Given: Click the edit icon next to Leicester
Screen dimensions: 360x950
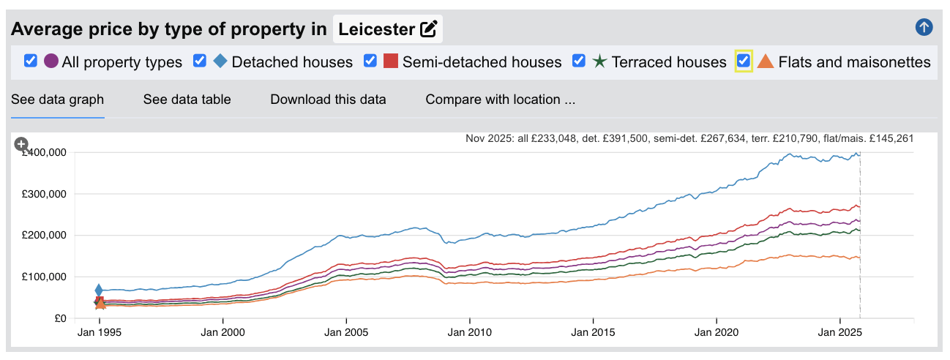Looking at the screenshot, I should (428, 29).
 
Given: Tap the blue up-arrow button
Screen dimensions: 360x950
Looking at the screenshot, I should (924, 28).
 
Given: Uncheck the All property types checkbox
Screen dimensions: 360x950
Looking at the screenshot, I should (31, 61).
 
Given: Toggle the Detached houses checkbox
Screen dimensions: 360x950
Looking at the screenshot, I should (200, 61).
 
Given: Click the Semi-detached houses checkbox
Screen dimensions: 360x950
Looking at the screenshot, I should (370, 61).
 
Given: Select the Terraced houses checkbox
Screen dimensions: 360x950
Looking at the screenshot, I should (579, 61).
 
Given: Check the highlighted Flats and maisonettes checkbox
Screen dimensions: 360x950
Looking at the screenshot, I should (744, 61).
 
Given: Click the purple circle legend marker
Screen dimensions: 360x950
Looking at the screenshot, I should (51, 61).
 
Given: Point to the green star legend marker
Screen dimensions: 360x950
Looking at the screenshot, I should (599, 61).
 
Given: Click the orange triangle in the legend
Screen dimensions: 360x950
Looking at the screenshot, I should (765, 61).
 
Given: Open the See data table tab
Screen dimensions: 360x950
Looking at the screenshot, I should (187, 100).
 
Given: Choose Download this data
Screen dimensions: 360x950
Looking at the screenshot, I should (328, 100).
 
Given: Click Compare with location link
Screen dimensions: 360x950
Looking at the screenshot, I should (500, 100).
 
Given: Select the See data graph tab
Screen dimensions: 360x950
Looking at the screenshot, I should (57, 100).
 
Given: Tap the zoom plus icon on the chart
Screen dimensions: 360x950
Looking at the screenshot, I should (21, 144).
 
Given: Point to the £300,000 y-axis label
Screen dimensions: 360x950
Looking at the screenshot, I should (44, 194).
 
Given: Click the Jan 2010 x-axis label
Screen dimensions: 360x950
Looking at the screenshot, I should (469, 331).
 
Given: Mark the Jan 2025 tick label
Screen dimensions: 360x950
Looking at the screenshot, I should (839, 331).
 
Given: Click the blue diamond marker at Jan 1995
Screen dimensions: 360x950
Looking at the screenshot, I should (100, 290).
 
